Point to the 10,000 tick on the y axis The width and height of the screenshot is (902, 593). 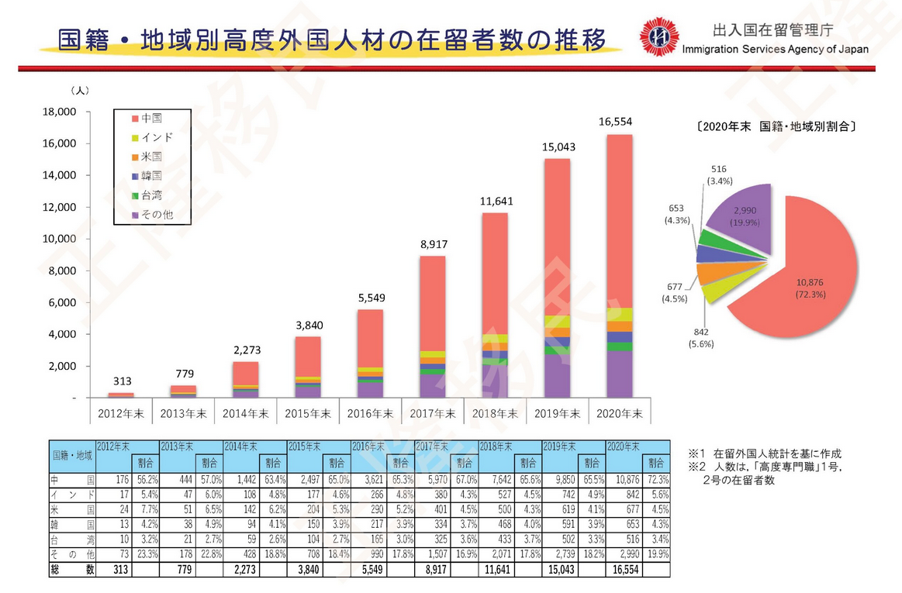(x=60, y=239)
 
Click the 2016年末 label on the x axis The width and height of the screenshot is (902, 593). (x=369, y=414)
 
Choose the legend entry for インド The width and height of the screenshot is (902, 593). (x=151, y=137)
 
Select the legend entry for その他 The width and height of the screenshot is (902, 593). (x=151, y=214)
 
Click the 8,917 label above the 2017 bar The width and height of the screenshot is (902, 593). (x=434, y=244)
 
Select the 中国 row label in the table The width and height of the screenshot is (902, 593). (x=71, y=481)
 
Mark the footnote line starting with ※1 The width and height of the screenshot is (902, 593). (x=764, y=453)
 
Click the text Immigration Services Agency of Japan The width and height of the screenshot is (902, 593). (x=775, y=49)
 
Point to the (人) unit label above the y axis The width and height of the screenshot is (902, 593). (x=80, y=91)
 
